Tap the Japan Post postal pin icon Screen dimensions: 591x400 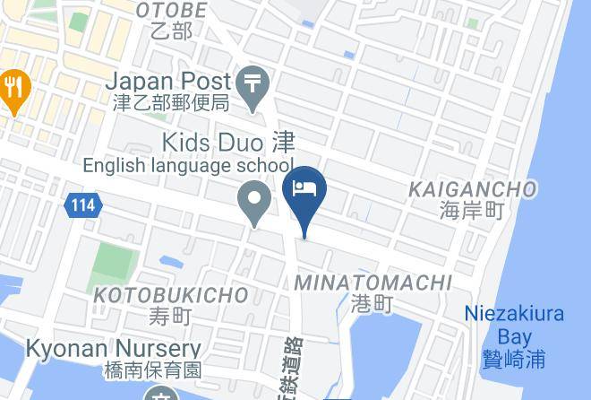pyautogui.click(x=255, y=83)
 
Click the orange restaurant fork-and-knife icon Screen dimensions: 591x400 pyautogui.click(x=13, y=88)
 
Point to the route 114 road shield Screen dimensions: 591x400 pyautogui.click(x=82, y=205)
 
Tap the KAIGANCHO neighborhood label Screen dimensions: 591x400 pyautogui.click(x=473, y=189)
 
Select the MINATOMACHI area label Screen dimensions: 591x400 pyautogui.click(x=373, y=283)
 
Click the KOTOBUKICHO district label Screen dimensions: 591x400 pyautogui.click(x=170, y=295)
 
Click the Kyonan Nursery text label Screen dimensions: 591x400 pyautogui.click(x=113, y=348)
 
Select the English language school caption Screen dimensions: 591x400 pyautogui.click(x=188, y=165)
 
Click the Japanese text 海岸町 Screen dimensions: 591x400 pyautogui.click(x=473, y=211)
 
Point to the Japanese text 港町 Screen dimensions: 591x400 pyautogui.click(x=373, y=305)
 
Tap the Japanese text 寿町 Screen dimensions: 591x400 pyautogui.click(x=170, y=316)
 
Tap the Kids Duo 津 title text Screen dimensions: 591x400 pyautogui.click(x=227, y=142)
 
